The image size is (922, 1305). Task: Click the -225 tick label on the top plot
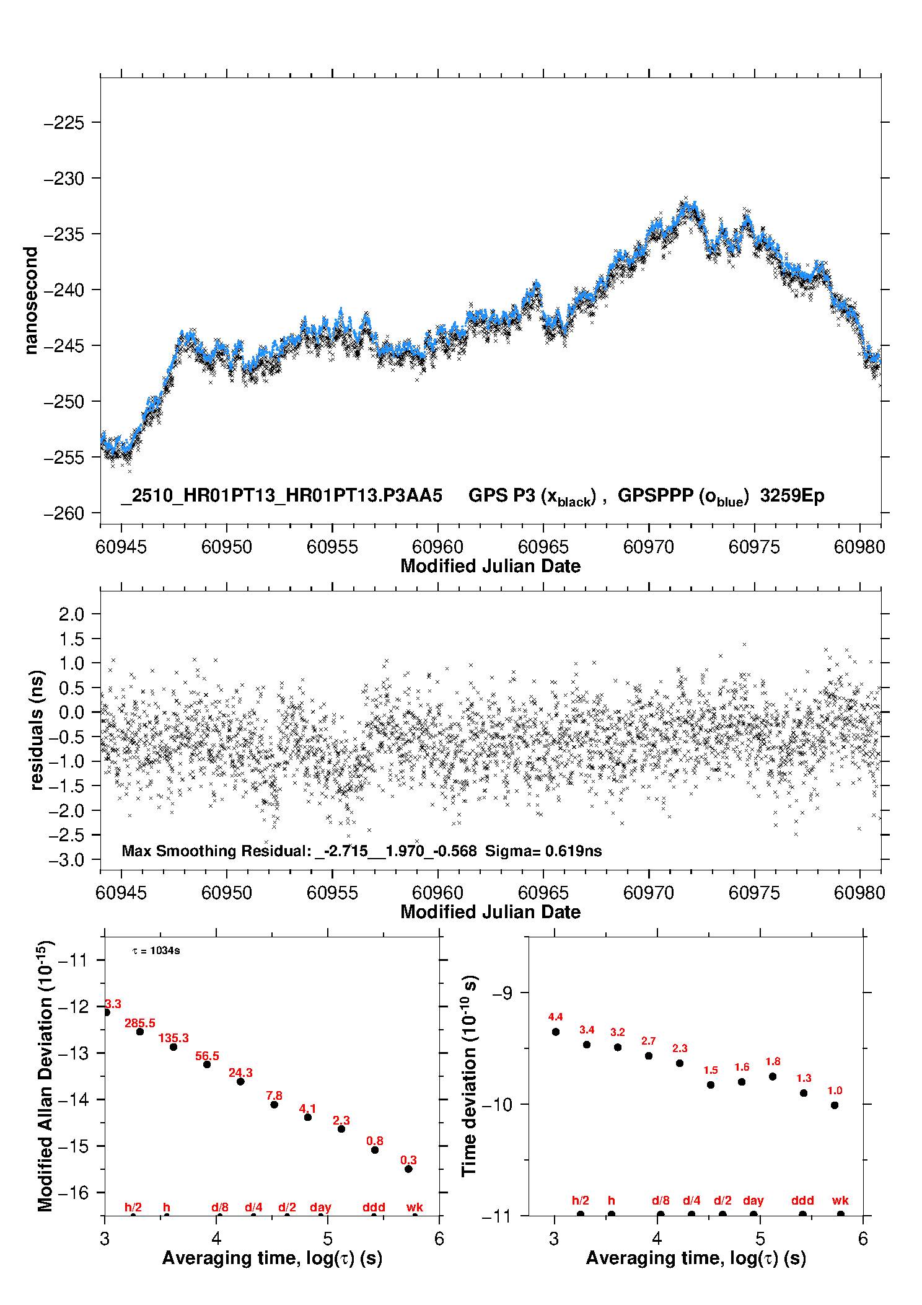pos(63,123)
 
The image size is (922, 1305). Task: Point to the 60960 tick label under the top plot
pos(437,547)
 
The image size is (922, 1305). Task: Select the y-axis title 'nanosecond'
pos(31,301)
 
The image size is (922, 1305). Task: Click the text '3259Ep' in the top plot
pos(792,496)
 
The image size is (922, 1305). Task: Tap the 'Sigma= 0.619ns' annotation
pos(543,851)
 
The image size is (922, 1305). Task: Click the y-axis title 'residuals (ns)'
pos(37,730)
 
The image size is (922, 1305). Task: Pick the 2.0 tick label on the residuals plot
pos(71,614)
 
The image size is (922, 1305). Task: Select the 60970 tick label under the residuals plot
pos(649,893)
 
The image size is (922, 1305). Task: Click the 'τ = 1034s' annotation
pos(156,951)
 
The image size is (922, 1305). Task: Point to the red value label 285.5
pos(140,1023)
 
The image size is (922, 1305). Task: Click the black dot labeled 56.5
pos(207,1064)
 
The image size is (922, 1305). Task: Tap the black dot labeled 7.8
pos(274,1105)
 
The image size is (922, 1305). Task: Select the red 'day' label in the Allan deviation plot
pos(320,1207)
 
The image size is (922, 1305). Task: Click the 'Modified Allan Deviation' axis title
pos(46,1076)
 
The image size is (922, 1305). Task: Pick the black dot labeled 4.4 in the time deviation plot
pos(556,1032)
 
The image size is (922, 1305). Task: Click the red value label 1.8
pos(773,1061)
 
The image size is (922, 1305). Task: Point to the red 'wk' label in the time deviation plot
pos(840,1200)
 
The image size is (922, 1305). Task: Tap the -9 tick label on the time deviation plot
pos(502,993)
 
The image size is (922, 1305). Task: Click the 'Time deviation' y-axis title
pos(469,1076)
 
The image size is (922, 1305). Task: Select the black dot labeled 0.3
pos(408,1169)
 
